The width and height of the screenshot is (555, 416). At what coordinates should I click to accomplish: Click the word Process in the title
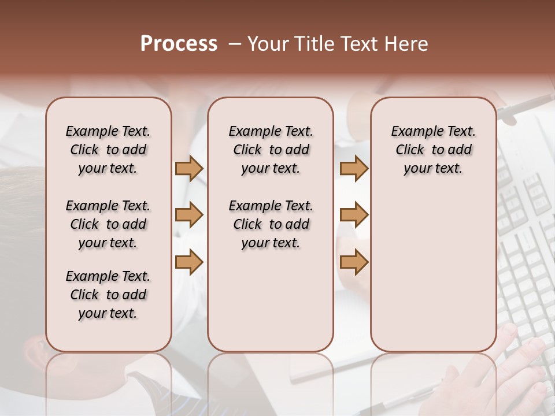click(x=179, y=44)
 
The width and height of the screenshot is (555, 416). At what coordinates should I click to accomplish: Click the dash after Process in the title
click(x=235, y=44)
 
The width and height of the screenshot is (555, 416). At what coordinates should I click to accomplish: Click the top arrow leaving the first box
click(x=189, y=169)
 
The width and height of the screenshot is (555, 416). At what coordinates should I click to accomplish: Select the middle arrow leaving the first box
click(x=189, y=215)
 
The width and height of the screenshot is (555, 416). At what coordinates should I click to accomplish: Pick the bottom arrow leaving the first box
click(x=189, y=262)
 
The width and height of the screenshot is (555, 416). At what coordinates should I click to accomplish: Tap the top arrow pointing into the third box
click(x=354, y=169)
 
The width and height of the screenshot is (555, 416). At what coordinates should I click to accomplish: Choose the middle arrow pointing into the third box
click(x=354, y=215)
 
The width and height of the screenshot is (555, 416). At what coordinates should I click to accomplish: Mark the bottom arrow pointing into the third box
click(x=354, y=262)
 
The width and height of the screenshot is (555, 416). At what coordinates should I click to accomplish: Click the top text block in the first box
click(x=108, y=150)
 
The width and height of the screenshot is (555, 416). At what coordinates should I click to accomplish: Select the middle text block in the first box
click(x=108, y=224)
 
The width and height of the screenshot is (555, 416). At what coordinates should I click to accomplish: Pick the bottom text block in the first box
click(x=108, y=295)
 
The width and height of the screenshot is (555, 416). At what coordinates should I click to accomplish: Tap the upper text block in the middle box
click(x=271, y=150)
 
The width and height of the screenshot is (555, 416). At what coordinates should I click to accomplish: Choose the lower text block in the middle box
click(x=271, y=224)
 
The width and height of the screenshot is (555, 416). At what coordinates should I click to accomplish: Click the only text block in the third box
click(x=433, y=150)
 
